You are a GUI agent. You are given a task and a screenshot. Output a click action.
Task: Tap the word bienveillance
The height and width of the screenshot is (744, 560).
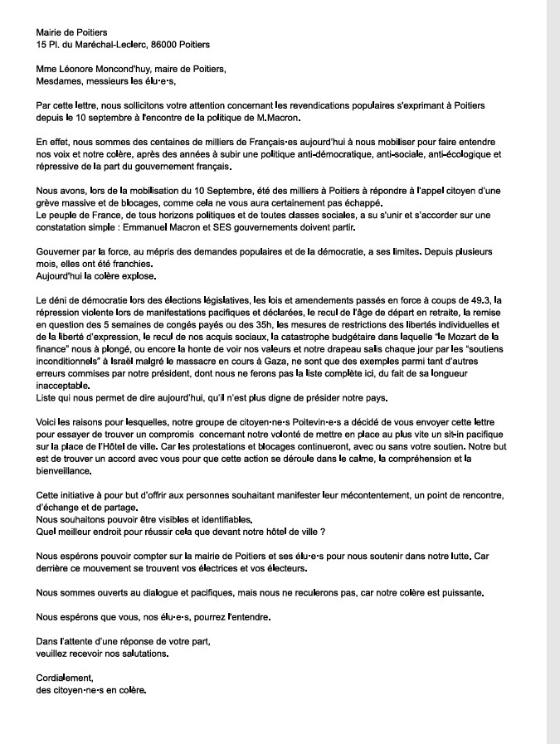(x=65, y=470)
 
